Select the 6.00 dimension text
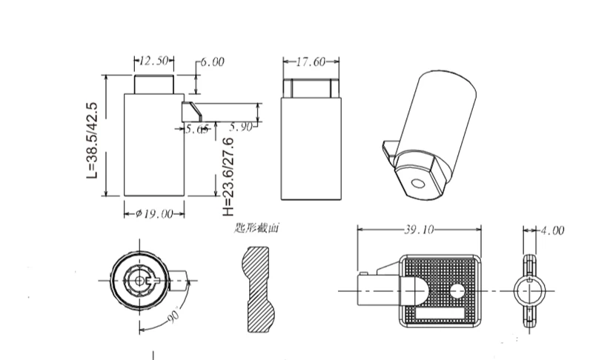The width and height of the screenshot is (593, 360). point(212,62)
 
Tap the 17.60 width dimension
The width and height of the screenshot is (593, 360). point(311,62)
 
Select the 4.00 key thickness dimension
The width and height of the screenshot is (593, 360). point(551,231)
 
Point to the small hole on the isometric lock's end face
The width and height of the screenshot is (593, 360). point(417,183)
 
